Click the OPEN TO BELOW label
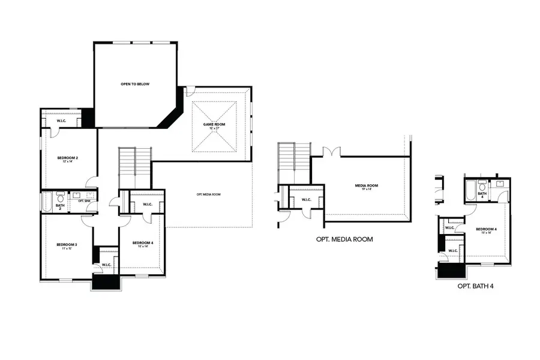[134, 84]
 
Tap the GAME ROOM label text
[214, 125]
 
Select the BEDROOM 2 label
[68, 159]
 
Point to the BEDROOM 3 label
[67, 245]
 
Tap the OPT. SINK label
[83, 201]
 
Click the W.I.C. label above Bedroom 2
[61, 121]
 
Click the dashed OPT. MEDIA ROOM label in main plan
[208, 194]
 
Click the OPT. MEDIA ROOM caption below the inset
[344, 239]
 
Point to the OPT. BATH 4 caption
[475, 286]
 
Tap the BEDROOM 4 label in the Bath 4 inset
[486, 230]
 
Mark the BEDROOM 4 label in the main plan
[143, 243]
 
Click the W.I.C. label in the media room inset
[305, 200]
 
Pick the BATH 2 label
[60, 206]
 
